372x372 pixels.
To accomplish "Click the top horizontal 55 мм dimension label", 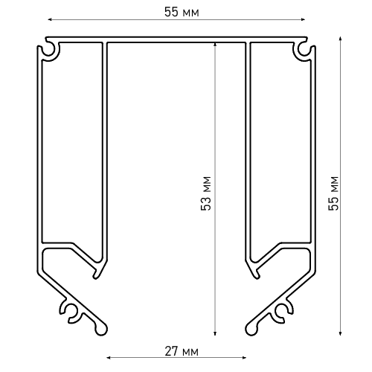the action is [x=182, y=12].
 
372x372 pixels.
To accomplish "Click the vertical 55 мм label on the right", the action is [x=333, y=193].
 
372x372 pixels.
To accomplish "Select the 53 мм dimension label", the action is [x=206, y=193].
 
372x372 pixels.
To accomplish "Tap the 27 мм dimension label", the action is [x=182, y=351].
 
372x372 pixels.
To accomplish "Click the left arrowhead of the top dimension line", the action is [x=49, y=19].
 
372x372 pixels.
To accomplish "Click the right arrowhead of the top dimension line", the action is [x=303, y=19].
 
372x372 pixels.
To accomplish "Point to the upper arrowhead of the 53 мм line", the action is [x=215, y=45].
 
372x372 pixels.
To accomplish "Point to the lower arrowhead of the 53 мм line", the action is [x=215, y=333].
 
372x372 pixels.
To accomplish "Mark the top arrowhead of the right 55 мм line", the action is [x=340, y=39].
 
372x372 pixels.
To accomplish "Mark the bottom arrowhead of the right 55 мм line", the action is [x=340, y=333].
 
